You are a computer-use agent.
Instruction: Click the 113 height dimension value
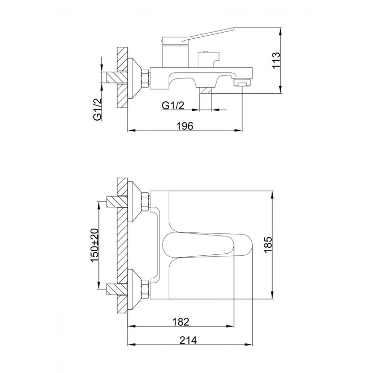click(276, 61)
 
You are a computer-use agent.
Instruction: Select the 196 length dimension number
click(185, 126)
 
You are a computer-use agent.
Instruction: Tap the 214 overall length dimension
click(188, 340)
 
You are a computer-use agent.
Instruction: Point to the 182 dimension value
click(180, 322)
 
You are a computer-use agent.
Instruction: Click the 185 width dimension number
click(268, 245)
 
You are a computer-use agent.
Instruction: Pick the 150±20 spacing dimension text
click(94, 245)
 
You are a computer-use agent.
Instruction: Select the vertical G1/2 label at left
click(97, 110)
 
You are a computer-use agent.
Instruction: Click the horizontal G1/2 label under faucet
click(173, 105)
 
